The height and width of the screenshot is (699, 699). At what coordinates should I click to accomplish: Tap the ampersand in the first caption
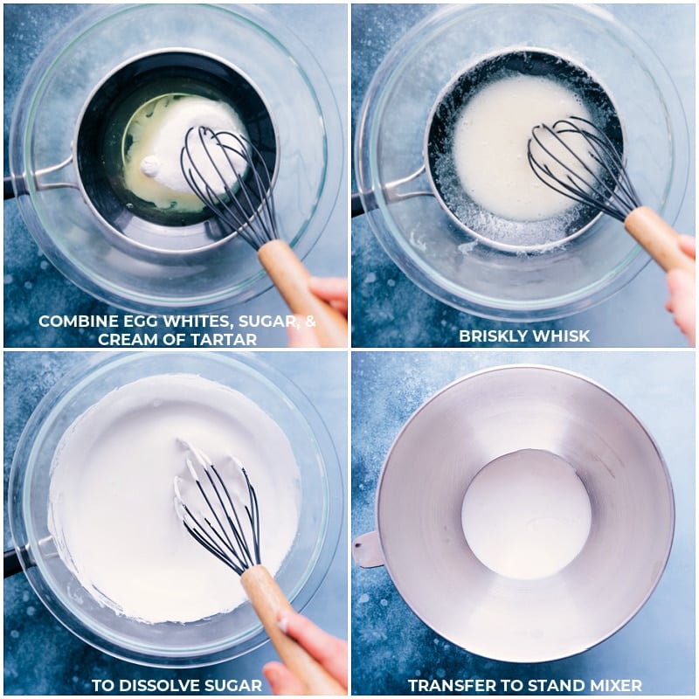coord(310,322)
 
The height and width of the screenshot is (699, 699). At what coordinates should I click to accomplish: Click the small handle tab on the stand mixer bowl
coord(368,550)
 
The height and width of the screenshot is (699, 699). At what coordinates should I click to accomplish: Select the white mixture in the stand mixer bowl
coord(526,514)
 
